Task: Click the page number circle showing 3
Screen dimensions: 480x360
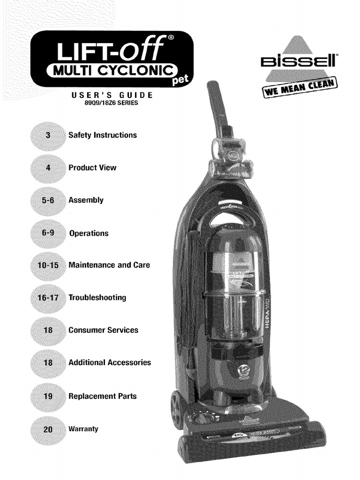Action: click(x=48, y=135)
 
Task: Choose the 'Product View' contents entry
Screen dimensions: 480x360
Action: click(x=92, y=167)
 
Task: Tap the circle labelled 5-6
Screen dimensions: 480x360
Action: click(x=48, y=201)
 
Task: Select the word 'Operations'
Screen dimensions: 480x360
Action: click(x=89, y=233)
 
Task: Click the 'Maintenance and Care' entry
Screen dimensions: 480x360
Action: click(x=109, y=265)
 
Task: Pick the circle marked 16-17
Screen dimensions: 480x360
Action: click(x=48, y=298)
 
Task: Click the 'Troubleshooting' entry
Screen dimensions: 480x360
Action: click(x=97, y=298)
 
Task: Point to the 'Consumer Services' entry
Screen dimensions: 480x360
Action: click(x=103, y=330)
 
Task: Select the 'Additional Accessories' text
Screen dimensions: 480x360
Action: click(x=110, y=362)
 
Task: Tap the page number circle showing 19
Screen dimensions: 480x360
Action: click(x=48, y=396)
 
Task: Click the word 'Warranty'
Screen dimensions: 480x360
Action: click(x=83, y=428)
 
